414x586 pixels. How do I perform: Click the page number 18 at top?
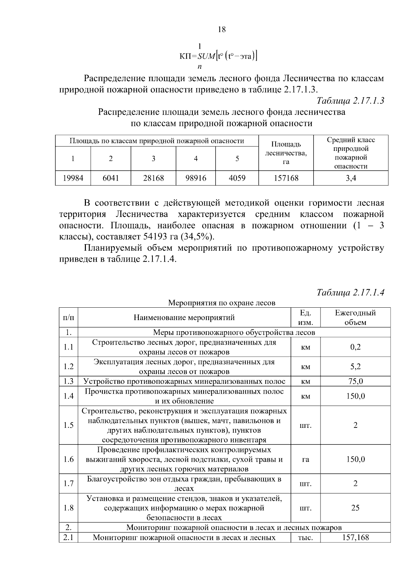[222, 30]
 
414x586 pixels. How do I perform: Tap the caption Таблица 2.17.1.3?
[350, 100]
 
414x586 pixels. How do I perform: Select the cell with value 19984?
[73, 178]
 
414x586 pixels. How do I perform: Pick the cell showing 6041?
[111, 178]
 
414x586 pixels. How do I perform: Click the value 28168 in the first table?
[154, 178]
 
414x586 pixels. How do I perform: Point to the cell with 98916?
[196, 178]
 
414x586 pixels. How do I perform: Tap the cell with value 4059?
[237, 178]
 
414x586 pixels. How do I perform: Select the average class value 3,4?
[351, 178]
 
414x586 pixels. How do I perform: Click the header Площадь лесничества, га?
[286, 153]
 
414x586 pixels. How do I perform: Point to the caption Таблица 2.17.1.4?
[350, 292]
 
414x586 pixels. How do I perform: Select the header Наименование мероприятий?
[184, 317]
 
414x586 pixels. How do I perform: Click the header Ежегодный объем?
[355, 317]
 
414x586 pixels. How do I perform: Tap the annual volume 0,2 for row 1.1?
[355, 347]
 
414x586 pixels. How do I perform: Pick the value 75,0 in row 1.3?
[355, 381]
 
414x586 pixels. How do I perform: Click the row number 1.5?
[68, 425]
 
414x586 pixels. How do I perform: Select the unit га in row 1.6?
[305, 459]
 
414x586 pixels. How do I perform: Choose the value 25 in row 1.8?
[355, 508]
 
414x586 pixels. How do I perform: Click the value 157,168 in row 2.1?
[355, 538]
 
